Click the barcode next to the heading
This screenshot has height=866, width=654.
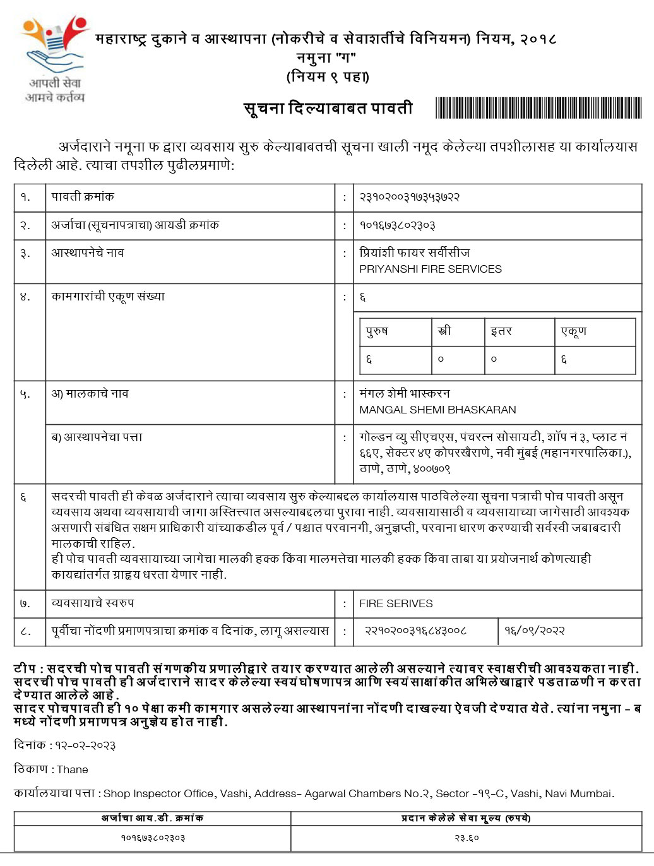(538, 108)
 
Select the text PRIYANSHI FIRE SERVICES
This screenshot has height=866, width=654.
(431, 269)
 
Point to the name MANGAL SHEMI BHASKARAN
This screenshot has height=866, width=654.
(437, 410)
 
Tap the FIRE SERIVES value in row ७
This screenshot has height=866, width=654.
(396, 603)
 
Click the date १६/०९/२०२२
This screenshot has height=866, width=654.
(534, 630)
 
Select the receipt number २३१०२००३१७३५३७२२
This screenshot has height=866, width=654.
(410, 197)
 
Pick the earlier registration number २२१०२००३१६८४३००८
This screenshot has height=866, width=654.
(416, 630)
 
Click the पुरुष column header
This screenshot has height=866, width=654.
(377, 331)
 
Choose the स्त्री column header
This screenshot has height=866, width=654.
(444, 331)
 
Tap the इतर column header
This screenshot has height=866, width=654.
(501, 331)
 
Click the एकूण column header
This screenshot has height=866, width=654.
(573, 331)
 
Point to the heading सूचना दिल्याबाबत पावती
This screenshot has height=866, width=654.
(328, 109)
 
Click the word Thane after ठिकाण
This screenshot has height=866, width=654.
(73, 769)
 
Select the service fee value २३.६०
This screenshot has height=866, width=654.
(467, 838)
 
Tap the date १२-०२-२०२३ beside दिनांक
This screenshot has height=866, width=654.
(85, 745)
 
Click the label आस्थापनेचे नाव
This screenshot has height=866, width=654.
(88, 253)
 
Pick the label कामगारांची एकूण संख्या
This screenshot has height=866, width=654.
(108, 297)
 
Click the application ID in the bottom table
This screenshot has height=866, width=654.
(153, 838)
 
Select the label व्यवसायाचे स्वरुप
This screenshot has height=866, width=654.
(93, 603)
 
